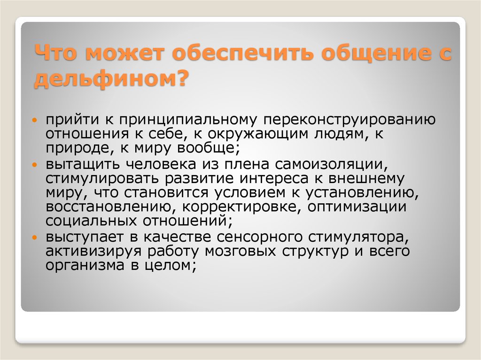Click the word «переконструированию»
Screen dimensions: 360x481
pyautogui.click(x=349, y=121)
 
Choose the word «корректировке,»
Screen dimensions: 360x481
pyautogui.click(x=239, y=207)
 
